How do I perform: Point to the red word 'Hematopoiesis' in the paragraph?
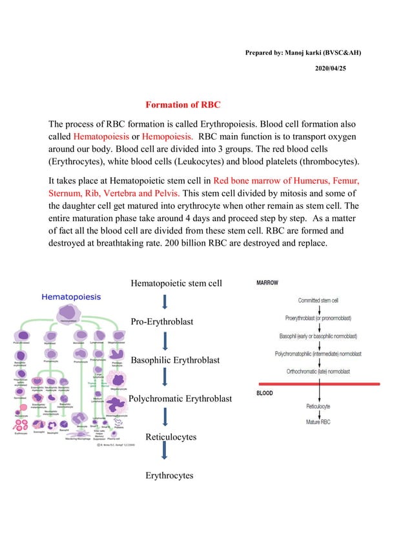[101, 137]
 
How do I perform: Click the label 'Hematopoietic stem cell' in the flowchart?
[176, 283]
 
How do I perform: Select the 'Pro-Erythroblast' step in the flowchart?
[161, 321]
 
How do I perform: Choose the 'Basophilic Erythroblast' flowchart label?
[175, 360]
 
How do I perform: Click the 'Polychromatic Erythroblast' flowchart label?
[180, 399]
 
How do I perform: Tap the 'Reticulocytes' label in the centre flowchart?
[170, 437]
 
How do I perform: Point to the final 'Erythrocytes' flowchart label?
[169, 475]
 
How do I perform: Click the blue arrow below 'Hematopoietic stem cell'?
[165, 302]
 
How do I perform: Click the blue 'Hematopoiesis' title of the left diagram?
[72, 297]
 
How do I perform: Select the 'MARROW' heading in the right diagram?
[269, 283]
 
